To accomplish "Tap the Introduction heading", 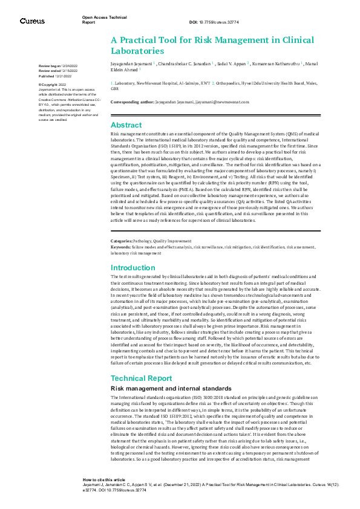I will coord(133,268).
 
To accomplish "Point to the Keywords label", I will coord(120,247).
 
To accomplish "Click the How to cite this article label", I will coord(103,478).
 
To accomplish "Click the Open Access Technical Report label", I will coord(97,20).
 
